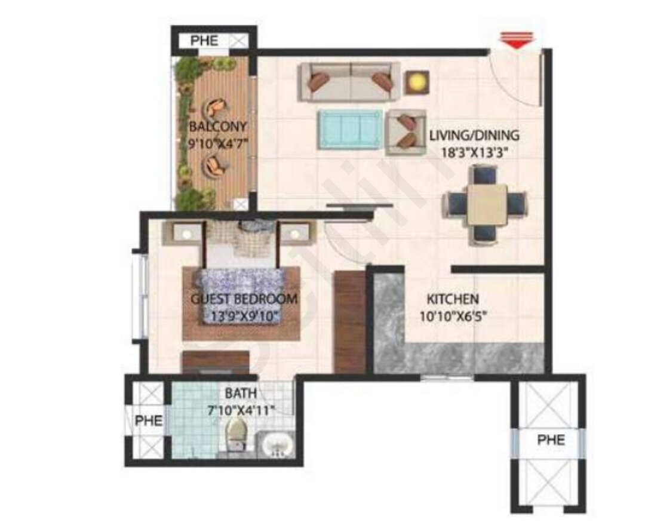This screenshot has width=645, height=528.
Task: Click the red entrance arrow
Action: click(x=518, y=41)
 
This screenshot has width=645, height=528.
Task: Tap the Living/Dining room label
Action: click(x=474, y=135)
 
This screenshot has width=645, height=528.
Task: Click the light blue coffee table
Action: click(x=349, y=129)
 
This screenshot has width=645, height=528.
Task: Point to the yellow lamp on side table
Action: click(x=417, y=82)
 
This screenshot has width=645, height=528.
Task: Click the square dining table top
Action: click(x=487, y=204)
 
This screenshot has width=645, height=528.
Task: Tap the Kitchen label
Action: click(x=453, y=299)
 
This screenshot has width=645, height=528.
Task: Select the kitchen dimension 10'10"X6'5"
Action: click(x=453, y=317)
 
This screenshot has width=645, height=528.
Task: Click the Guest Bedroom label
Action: click(x=244, y=299)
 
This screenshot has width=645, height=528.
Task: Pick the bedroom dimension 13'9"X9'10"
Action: click(x=245, y=316)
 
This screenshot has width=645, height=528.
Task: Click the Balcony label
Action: click(x=217, y=127)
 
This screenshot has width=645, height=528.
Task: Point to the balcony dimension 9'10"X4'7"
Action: click(x=217, y=144)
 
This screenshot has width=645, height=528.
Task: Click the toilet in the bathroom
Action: click(x=236, y=435)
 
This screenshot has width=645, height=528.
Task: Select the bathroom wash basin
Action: click(x=277, y=445)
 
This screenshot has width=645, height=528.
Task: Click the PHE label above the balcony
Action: click(x=204, y=41)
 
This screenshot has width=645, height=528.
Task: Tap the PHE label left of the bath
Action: click(x=149, y=420)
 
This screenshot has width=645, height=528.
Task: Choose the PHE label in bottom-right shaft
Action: click(x=551, y=440)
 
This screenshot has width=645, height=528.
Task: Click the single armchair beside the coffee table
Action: click(x=405, y=131)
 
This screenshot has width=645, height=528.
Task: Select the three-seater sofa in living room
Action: click(x=349, y=81)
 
